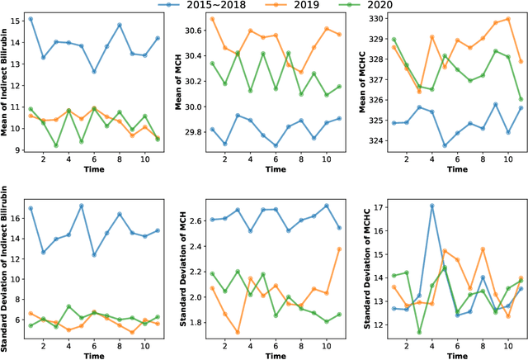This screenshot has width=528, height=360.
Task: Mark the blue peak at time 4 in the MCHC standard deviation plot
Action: click(431, 206)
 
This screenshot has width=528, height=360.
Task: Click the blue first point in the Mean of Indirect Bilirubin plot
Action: click(31, 18)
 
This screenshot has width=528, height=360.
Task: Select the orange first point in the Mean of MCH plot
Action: click(212, 18)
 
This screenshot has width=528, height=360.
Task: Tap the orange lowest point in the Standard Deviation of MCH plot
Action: click(238, 332)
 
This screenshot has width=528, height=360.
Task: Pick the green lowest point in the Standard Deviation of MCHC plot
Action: click(418, 332)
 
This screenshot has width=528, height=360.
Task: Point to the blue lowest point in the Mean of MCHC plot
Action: click(444, 145)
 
